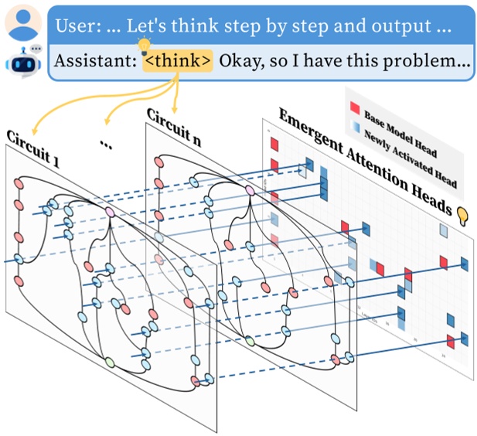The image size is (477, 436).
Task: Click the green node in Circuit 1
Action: [x=110, y=362]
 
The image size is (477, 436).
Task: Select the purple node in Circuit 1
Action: [x=111, y=211]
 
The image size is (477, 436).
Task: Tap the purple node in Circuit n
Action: [x=250, y=190]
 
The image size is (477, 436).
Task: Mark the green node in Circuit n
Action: [x=249, y=340]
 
